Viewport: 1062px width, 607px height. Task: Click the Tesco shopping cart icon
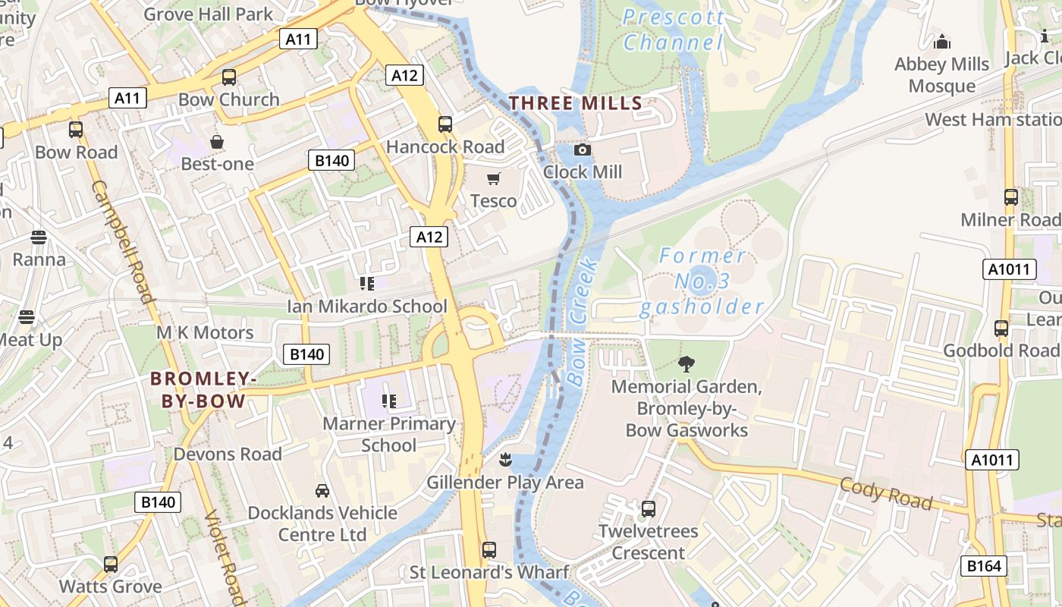coord(494,179)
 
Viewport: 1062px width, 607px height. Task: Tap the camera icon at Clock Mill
coord(583,150)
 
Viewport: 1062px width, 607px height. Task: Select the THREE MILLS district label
coord(576,103)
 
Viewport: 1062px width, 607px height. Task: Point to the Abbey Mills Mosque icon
coord(942,42)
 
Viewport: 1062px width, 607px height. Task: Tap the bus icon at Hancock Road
coord(445,124)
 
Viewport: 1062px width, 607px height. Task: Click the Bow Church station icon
coord(228,77)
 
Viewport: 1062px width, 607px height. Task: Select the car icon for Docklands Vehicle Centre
coord(322,491)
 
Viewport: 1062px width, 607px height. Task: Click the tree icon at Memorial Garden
coord(687,364)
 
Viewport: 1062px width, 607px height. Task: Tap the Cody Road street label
coord(886,494)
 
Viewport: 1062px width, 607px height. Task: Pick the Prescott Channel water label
coord(673,30)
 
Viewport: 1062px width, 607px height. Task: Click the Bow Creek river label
coord(583,322)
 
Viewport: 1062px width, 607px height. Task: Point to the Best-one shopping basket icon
coord(217,142)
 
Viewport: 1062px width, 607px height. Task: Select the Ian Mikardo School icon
coord(367,285)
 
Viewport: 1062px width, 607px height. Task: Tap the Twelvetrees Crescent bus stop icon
coord(649,509)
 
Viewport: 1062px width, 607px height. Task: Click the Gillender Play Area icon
coord(504,460)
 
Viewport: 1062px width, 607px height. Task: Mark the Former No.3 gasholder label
coord(702,281)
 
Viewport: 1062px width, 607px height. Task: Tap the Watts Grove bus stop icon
coord(111,565)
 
